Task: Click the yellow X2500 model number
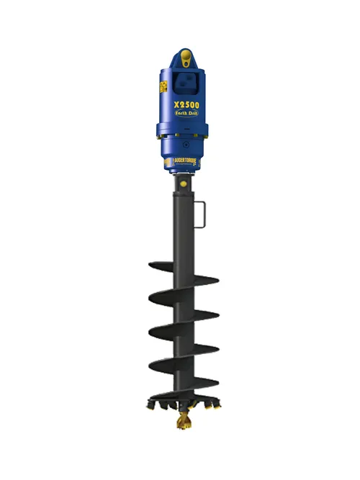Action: click(186, 104)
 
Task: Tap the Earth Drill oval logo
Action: click(186, 118)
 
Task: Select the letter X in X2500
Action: click(175, 104)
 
